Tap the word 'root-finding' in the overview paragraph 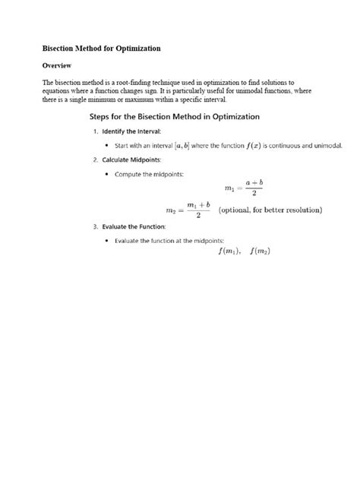pos(158,82)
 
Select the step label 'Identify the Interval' pos(131,131)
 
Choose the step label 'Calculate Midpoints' pos(134,159)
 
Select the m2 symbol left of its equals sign pos(172,210)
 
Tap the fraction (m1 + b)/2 pos(198,210)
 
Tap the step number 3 pos(94,226)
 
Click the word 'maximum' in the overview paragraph pos(147,100)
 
